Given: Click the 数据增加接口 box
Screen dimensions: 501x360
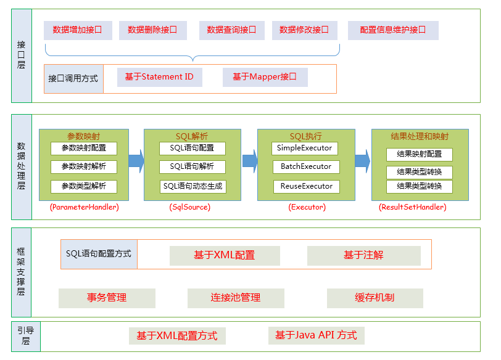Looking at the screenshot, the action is [x=78, y=30].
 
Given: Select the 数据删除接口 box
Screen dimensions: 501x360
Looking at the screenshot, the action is [x=153, y=30].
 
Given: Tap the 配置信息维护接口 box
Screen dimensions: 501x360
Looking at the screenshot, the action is [x=393, y=30].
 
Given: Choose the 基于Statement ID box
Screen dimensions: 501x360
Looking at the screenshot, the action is [x=160, y=77].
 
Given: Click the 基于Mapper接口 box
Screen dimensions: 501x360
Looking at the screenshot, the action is [x=265, y=77].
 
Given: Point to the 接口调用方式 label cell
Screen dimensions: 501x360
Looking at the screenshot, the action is [x=73, y=79].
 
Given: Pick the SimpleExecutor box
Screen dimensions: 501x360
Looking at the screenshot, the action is [x=305, y=149].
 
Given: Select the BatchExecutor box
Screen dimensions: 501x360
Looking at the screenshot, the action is [x=306, y=167].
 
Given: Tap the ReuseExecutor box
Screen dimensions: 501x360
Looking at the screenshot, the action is [x=307, y=187].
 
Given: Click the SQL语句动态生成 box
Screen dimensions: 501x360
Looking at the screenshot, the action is [x=193, y=187].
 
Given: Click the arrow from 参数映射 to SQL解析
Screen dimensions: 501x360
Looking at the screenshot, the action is [x=136, y=161].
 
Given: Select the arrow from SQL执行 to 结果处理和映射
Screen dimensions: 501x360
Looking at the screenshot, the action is [x=363, y=161].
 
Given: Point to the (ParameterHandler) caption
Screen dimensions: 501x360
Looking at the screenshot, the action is [x=85, y=207].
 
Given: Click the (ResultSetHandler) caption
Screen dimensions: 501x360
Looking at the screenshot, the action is [x=413, y=207].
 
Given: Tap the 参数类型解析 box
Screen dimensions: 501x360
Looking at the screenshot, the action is [x=84, y=187].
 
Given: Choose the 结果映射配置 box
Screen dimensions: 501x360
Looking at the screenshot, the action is [x=420, y=155].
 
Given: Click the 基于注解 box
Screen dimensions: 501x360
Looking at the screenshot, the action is [x=364, y=256].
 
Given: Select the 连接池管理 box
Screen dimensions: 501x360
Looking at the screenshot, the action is [x=236, y=298].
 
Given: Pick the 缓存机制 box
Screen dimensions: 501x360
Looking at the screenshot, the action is [x=375, y=298].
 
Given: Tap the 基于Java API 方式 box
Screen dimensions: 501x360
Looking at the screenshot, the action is [x=317, y=336].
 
